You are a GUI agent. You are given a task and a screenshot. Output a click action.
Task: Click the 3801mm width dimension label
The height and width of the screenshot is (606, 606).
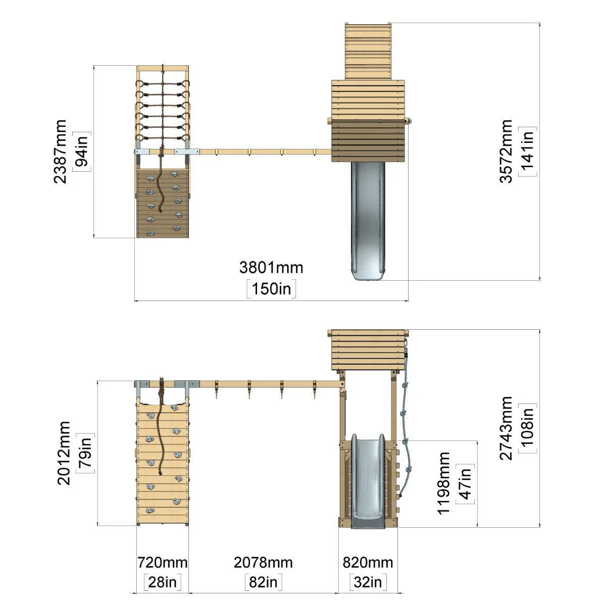[271, 268]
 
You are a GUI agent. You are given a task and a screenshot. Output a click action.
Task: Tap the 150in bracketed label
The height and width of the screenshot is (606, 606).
[271, 289]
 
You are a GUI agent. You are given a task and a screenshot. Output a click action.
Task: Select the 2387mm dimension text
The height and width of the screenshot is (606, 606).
[60, 151]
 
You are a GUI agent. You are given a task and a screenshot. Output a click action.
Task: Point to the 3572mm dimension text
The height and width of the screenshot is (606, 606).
[506, 151]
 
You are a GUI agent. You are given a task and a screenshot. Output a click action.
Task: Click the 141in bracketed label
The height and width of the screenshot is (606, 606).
[527, 151]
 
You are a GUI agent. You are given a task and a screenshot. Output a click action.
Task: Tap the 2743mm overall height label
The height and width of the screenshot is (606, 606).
[506, 428]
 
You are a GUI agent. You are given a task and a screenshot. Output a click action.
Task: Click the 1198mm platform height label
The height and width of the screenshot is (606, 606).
[444, 483]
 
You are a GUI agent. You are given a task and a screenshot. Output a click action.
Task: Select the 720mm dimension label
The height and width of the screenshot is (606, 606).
[162, 563]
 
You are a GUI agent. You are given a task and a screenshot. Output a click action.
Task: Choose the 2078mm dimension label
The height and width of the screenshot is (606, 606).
[263, 563]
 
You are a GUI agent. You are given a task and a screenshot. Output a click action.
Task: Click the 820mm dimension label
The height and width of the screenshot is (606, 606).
[368, 563]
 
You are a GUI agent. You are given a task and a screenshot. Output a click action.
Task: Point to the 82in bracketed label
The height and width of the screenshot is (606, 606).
[263, 582]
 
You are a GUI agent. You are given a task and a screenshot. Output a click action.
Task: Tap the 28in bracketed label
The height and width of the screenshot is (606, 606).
[162, 582]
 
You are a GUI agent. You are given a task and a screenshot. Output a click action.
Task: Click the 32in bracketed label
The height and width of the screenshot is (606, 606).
[368, 582]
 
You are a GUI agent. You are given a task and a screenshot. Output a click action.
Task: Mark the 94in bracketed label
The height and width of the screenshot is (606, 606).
[82, 151]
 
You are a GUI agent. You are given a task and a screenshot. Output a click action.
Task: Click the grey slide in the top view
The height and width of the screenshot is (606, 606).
[368, 221]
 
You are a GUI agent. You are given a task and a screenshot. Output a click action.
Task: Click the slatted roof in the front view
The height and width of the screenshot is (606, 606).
[368, 349]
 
